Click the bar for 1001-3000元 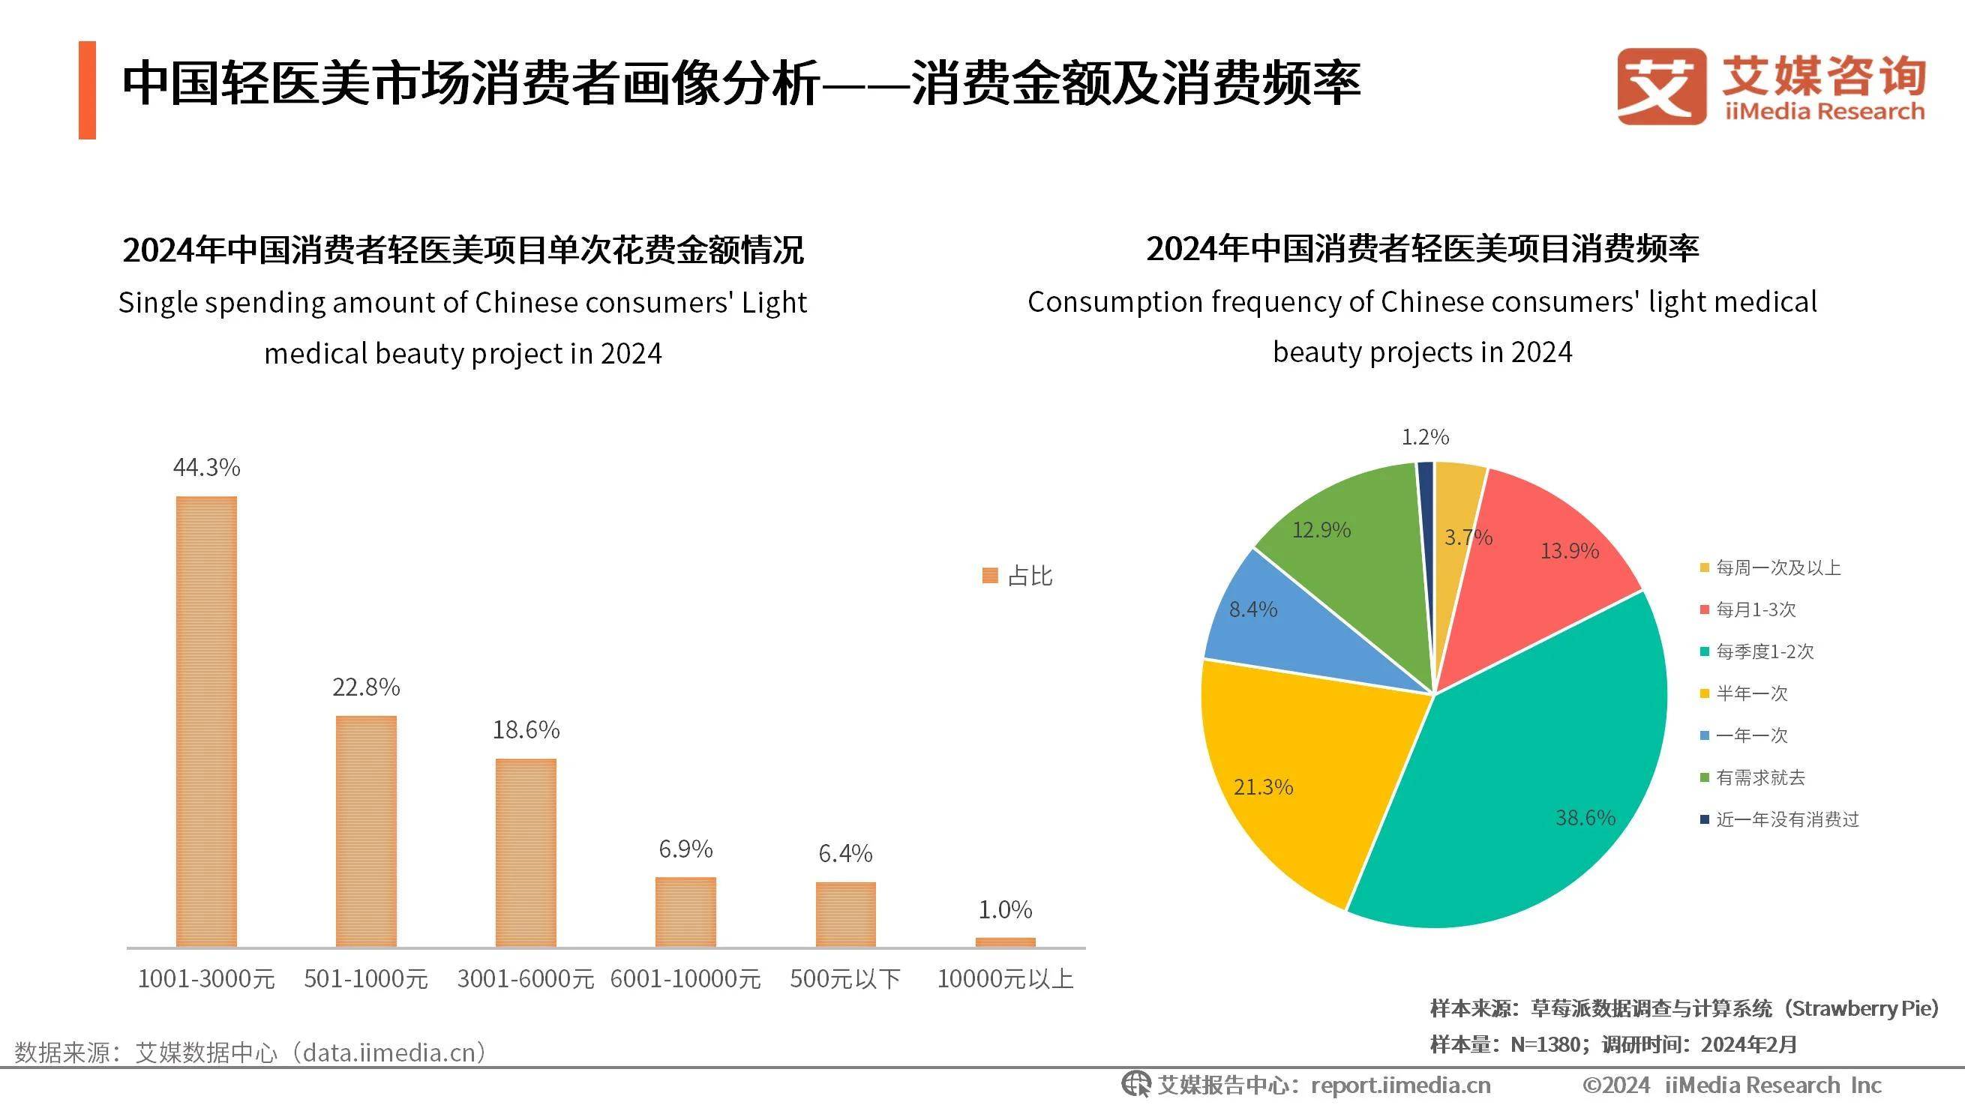pos(206,720)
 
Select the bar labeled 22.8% pos(366,831)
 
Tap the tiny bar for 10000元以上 pos(1006,942)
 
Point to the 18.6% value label pos(526,731)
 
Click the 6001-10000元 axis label pos(685,978)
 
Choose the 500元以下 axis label pos(845,978)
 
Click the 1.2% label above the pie pos(1425,437)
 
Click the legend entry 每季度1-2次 pos(1763,651)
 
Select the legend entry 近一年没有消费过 pos(1786,820)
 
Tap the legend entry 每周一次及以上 pos(1777,567)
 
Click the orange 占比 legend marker pos(990,576)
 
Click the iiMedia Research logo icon pos(1661,85)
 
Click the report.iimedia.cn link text pos(1400,1085)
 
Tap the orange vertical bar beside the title pos(87,90)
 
